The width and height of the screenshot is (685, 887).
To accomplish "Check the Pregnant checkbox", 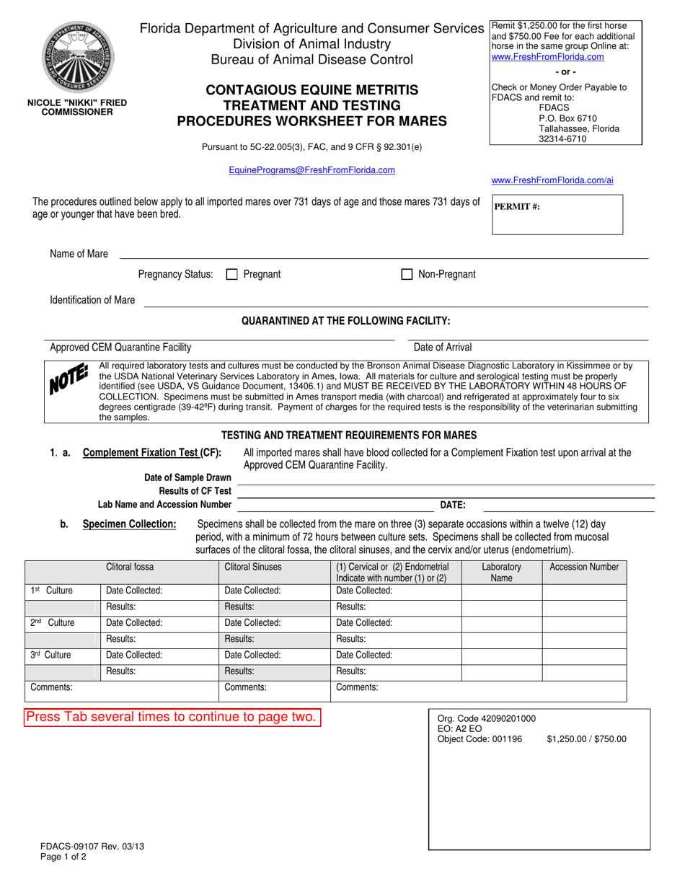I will pyautogui.click(x=232, y=274).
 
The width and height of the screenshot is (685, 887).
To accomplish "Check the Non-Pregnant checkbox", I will pyautogui.click(x=407, y=274).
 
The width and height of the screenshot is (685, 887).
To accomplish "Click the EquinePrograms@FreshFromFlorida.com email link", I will pyautogui.click(x=311, y=170).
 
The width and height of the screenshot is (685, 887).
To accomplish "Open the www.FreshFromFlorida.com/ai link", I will pyautogui.click(x=552, y=180).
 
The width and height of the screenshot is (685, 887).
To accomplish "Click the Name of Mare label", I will pyautogui.click(x=79, y=254).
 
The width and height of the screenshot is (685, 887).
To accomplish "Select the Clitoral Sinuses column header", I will pyautogui.click(x=253, y=567).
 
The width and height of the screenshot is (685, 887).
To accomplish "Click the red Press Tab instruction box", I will pyautogui.click(x=171, y=717).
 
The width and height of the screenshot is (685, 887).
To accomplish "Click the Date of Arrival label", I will pyautogui.click(x=443, y=347).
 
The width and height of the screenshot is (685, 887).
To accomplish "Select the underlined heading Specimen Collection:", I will pyautogui.click(x=129, y=524).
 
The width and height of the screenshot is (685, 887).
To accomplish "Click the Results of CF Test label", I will pyautogui.click(x=195, y=491).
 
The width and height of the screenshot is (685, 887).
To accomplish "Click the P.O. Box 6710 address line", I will pyautogui.click(x=567, y=118).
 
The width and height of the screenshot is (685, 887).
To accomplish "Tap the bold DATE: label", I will pyautogui.click(x=453, y=505).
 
